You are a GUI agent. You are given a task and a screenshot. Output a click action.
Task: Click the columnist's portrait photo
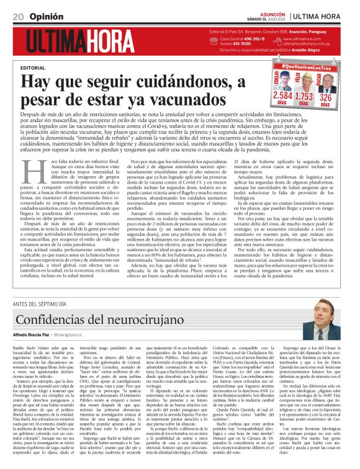(x=330, y=322)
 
